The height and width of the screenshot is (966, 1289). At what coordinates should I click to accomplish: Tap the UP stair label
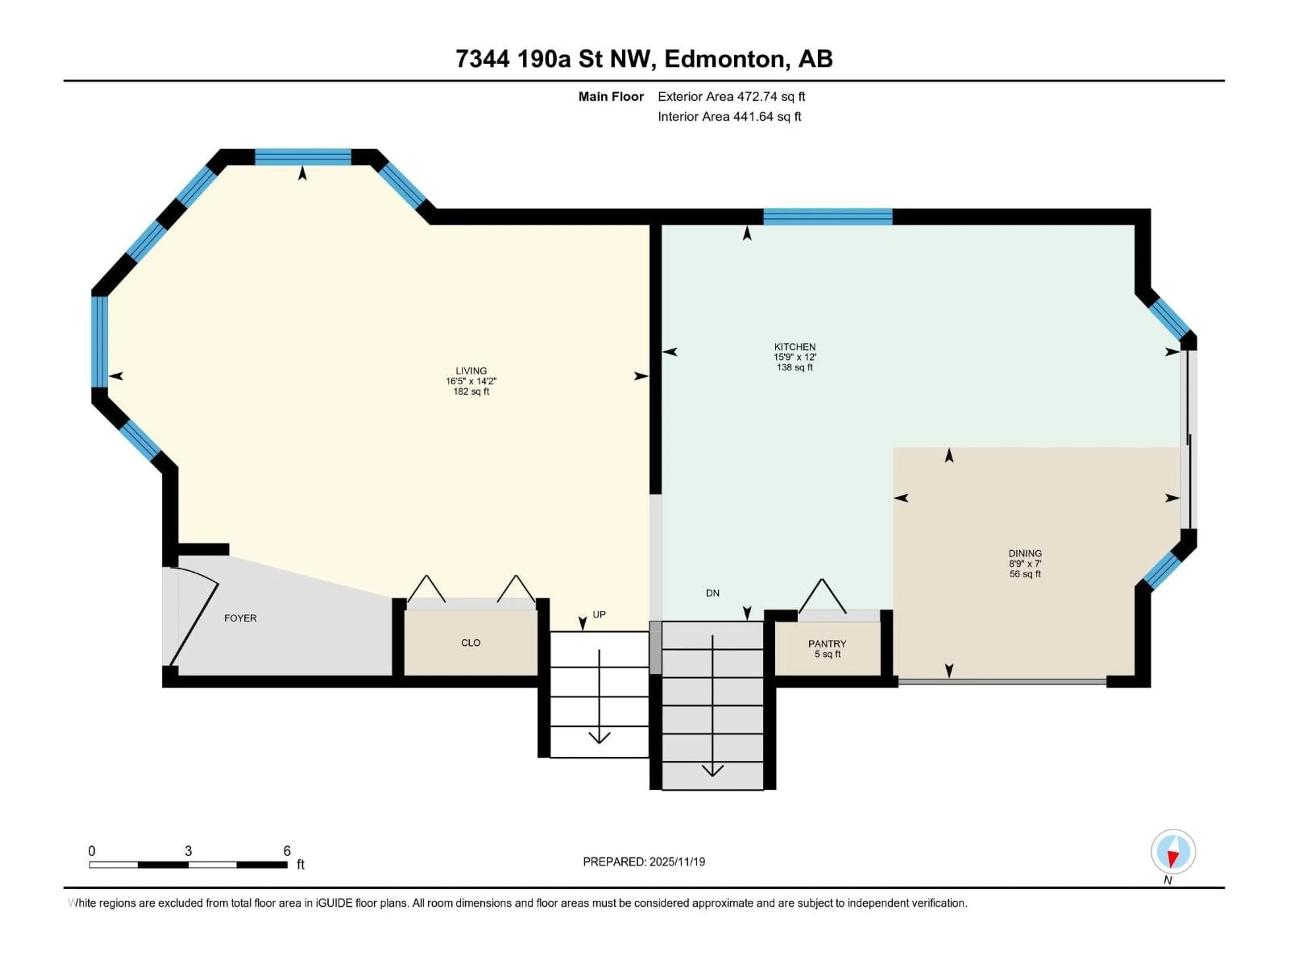coord(599,614)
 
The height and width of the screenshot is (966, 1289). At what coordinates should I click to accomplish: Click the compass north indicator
coord(1173,852)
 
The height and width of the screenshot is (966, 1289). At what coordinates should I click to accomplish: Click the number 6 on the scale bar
coord(287,851)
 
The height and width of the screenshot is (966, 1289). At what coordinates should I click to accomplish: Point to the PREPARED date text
coord(644,862)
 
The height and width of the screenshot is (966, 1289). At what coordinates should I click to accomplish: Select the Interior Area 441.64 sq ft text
coord(729,116)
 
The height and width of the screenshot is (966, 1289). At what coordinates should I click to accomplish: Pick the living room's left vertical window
coord(100,342)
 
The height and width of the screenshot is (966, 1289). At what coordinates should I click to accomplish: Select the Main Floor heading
coord(611,97)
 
